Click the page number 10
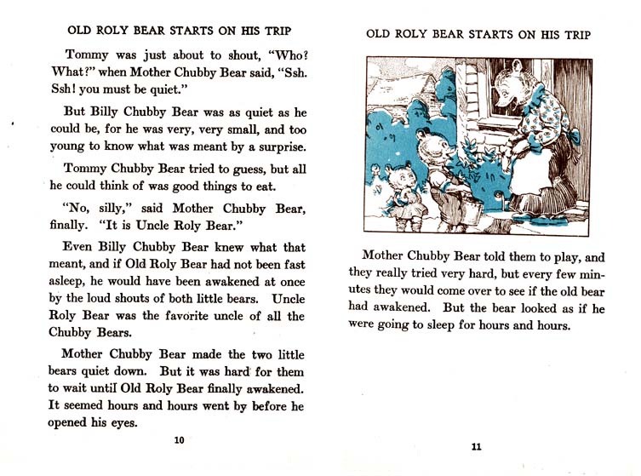[179, 439]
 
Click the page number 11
[476, 447]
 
